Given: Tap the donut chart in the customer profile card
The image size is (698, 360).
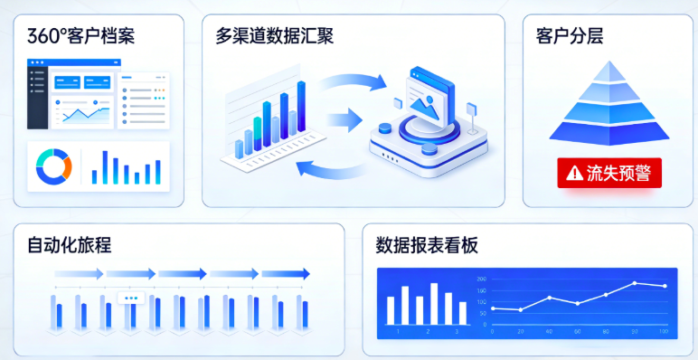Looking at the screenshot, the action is click(53, 165).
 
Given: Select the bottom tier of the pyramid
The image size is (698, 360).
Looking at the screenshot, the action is click(608, 132).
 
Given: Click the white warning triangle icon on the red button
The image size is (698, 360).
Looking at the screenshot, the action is click(574, 173).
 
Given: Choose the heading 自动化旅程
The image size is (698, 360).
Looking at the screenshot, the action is click(70, 245).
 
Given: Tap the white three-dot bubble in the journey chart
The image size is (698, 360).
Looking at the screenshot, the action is click(132, 298).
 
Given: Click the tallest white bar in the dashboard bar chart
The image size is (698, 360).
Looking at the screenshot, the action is click(434, 303).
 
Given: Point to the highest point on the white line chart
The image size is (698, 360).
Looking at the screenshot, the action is click(634, 283).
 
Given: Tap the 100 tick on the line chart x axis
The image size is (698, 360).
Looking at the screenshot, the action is click(664, 332).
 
